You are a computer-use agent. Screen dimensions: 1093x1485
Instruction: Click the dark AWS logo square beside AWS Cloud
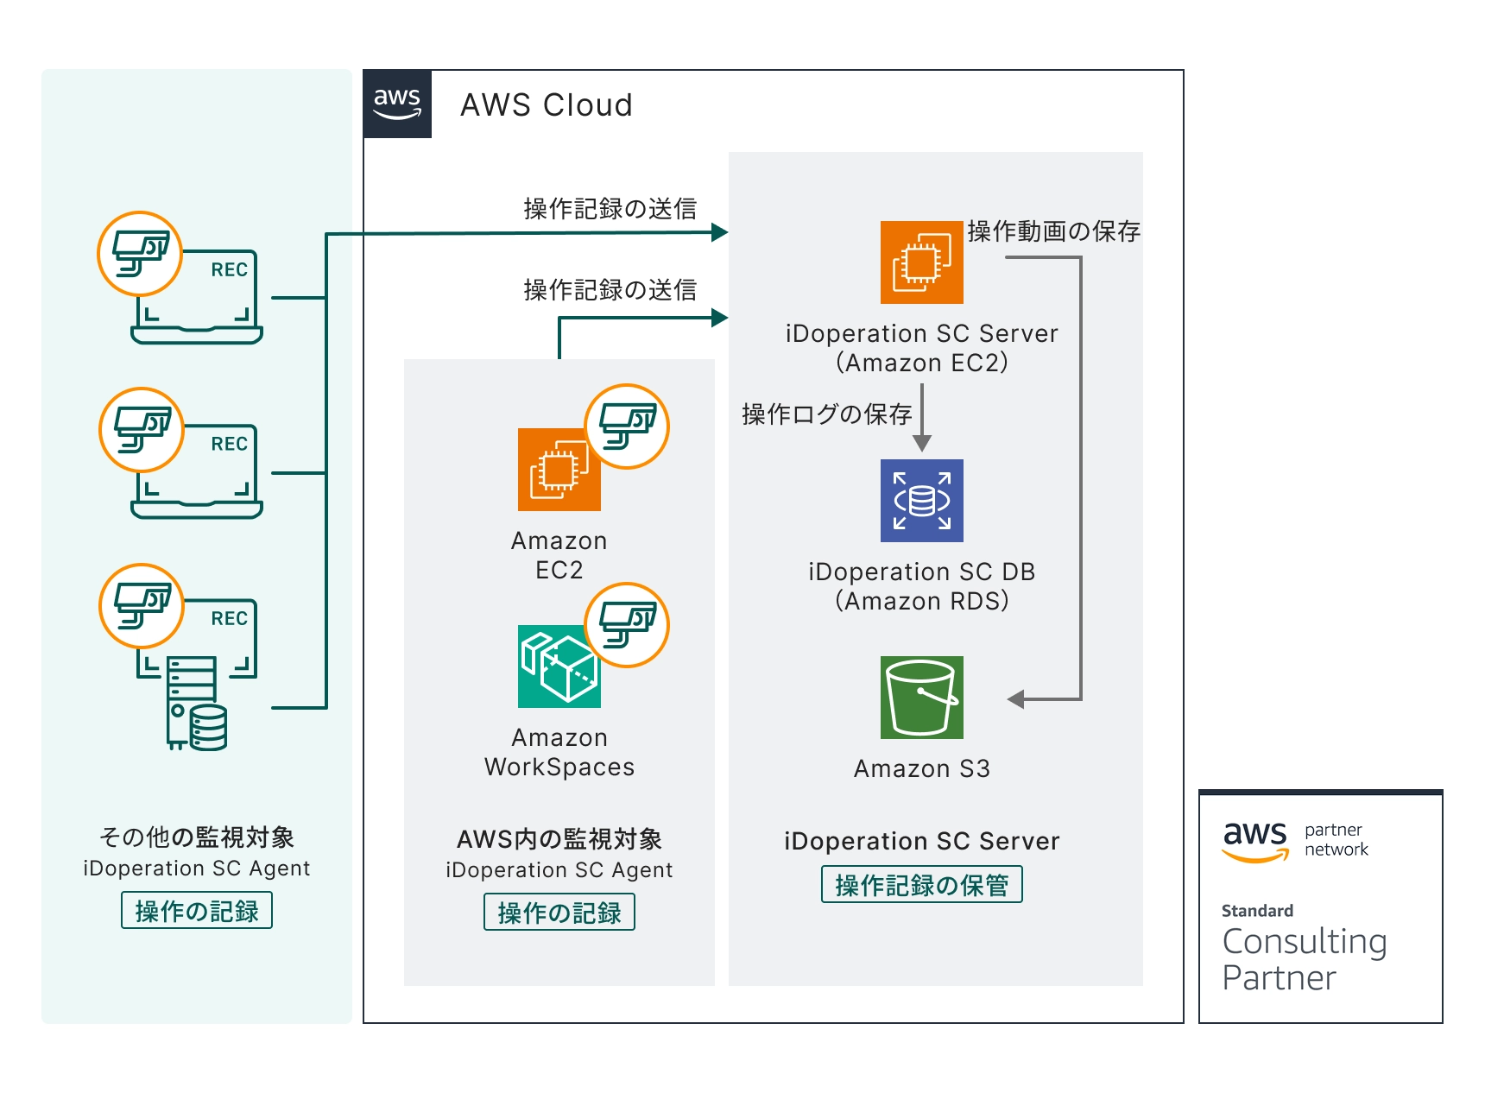(397, 104)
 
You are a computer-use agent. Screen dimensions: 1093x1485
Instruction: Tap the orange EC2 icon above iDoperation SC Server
(921, 262)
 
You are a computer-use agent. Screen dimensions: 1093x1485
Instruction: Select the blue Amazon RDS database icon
(921, 501)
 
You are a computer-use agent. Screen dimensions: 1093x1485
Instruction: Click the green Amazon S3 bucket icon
(921, 698)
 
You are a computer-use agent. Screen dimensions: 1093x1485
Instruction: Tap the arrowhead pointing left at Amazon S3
(1016, 698)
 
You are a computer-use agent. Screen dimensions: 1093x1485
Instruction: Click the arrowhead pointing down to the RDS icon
(922, 444)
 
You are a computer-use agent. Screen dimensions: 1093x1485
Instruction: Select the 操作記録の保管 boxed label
(921, 885)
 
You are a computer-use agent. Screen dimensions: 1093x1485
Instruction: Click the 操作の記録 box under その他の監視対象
(197, 911)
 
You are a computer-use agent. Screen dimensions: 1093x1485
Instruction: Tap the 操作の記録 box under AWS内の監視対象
(559, 913)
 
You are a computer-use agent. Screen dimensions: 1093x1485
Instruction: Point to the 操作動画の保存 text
(1053, 231)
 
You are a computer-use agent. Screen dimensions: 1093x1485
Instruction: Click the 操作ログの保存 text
(826, 414)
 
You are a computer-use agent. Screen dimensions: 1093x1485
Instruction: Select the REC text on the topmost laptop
(229, 270)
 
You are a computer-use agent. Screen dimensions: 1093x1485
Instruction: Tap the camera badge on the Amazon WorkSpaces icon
(627, 625)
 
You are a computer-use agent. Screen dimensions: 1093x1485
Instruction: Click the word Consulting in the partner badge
(1304, 942)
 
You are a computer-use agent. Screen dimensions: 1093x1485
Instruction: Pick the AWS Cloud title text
(547, 105)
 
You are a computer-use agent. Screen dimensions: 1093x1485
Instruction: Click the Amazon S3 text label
(921, 768)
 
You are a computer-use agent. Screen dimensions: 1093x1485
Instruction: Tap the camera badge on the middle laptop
(142, 429)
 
